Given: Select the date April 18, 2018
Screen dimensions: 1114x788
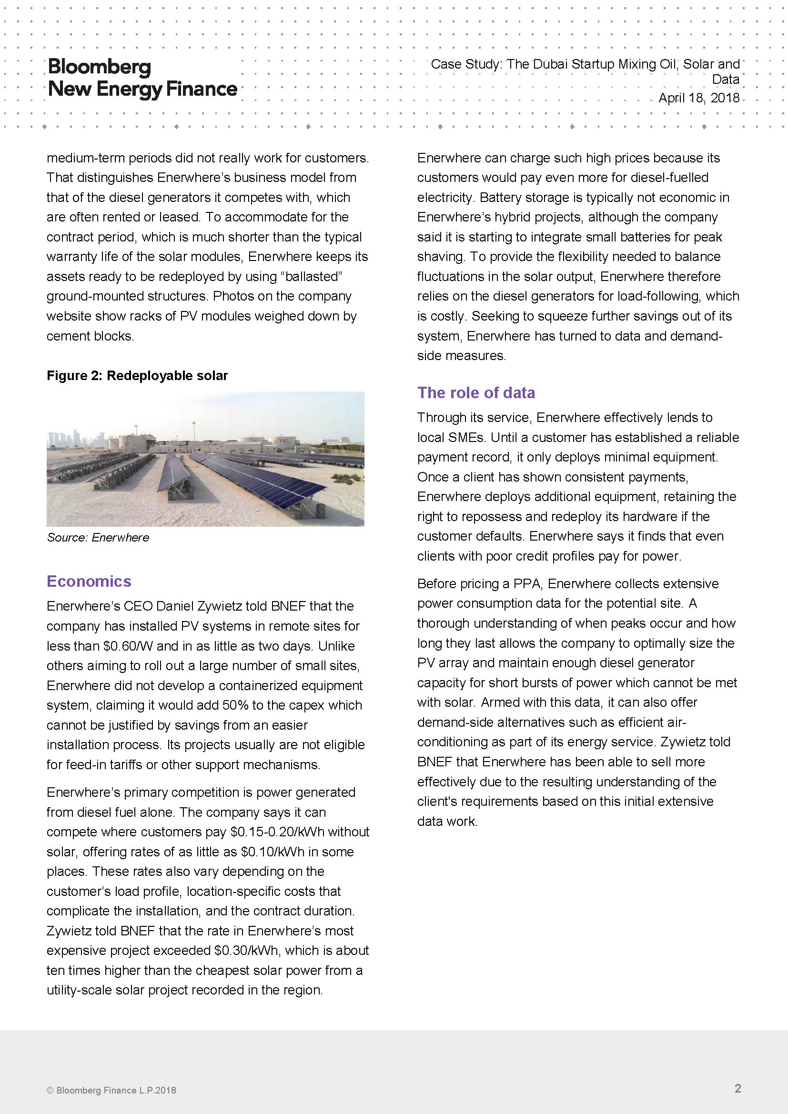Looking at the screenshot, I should point(698,98).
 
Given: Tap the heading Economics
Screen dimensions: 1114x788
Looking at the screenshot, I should point(89,581).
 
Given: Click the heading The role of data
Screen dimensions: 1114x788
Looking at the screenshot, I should point(475,392).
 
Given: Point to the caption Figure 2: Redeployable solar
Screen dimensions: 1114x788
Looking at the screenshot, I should point(137,375).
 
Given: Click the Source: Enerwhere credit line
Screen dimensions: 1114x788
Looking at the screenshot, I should point(98,537).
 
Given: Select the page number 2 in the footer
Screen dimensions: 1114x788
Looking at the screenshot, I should point(737,1088).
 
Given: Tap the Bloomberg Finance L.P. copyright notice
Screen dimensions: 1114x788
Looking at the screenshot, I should point(111,1090).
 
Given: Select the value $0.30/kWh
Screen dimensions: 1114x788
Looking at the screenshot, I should point(247,950).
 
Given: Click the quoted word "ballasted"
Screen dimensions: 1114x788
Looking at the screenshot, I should point(312,277).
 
